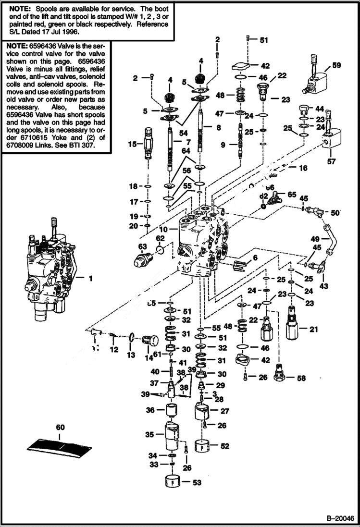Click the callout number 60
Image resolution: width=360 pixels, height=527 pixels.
(x=60, y=427)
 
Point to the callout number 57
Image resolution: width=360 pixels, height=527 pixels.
(x=331, y=162)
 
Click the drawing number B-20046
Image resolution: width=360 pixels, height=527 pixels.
(x=340, y=519)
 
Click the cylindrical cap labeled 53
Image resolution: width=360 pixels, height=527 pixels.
(x=175, y=481)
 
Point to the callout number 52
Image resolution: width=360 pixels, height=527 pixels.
(x=225, y=446)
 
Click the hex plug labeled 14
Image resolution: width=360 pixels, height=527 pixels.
(x=150, y=342)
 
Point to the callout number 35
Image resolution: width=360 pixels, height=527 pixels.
(x=149, y=434)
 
